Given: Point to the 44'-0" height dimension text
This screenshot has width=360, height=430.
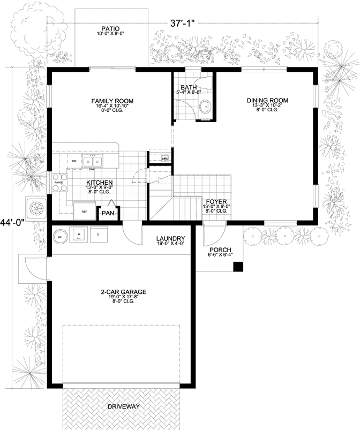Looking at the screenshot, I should point(12,222).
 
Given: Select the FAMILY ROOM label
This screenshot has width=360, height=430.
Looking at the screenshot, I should point(112,101).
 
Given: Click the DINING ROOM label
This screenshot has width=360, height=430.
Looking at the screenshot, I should point(267,100).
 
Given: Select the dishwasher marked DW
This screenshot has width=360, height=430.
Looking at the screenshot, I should point(74,161).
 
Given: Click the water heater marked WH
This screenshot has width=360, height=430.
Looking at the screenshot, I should point(61,236).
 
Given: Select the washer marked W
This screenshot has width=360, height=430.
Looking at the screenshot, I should point(79,235).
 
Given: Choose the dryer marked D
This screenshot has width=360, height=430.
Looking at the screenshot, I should point(97,235).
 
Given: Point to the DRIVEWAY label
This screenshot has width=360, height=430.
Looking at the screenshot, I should point(123,406).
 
